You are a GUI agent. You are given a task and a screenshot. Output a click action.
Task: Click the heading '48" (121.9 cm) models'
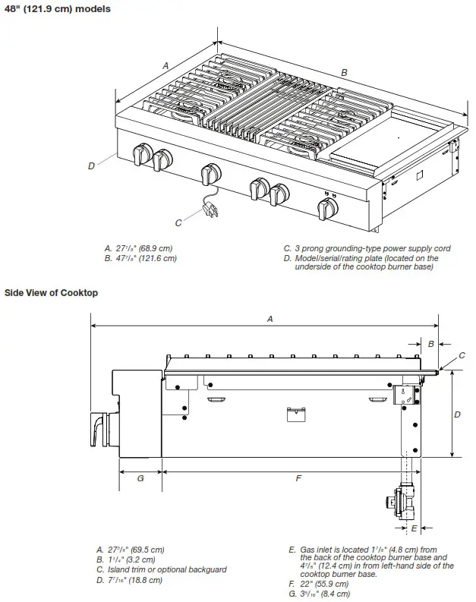tap(57, 9)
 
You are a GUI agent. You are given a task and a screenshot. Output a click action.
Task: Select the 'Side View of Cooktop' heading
tap(51, 292)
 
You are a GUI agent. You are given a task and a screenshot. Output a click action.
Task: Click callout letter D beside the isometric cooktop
tap(91, 165)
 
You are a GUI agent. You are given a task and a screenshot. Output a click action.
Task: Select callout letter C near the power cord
tap(178, 222)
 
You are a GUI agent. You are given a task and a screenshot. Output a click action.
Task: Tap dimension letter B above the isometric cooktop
tap(344, 72)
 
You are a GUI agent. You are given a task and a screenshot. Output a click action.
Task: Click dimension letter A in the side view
tap(270, 320)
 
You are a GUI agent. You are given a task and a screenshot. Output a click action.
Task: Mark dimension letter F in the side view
tap(298, 479)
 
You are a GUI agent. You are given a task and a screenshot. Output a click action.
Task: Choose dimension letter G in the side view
tap(140, 479)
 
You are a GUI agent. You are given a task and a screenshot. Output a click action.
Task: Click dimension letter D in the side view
tap(457, 414)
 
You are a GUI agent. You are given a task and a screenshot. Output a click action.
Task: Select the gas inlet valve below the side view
tap(402, 500)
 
